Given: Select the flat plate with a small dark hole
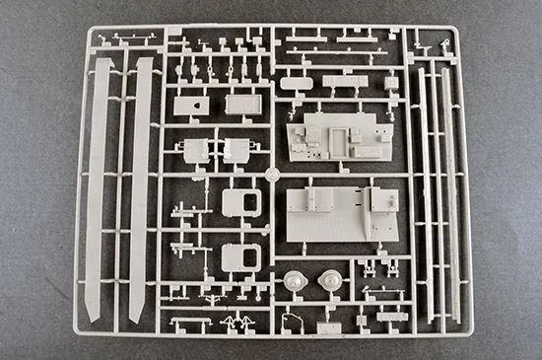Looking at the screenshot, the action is [191, 105].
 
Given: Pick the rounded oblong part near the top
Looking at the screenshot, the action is [295, 83].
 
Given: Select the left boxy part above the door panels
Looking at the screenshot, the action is [194, 150].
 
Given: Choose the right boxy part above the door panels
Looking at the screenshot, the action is [237, 150].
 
